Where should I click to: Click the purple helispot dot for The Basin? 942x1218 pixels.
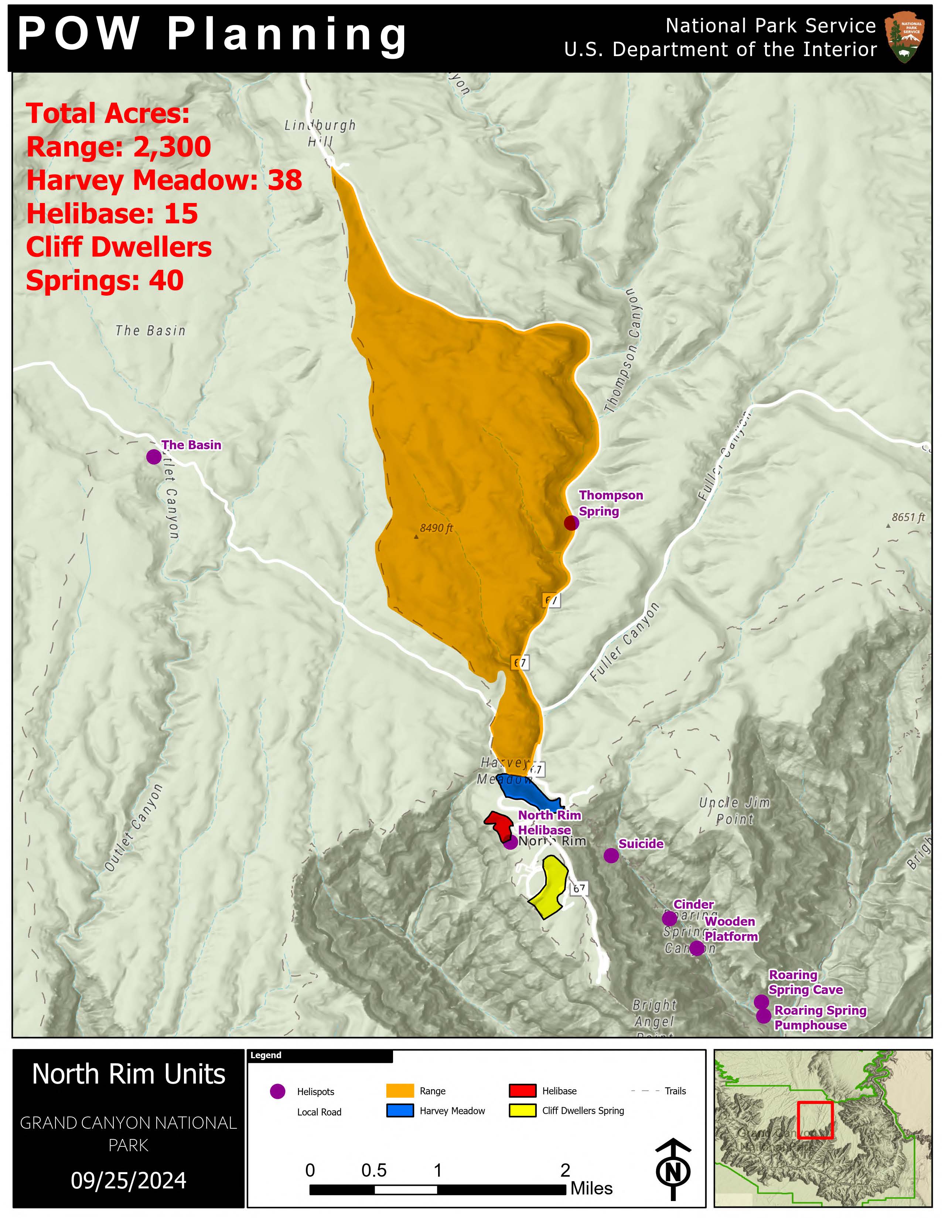(x=153, y=457)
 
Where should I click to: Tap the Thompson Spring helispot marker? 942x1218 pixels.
(x=571, y=523)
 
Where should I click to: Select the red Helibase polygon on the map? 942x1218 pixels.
(x=500, y=824)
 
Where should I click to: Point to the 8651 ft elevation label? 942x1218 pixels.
(x=908, y=517)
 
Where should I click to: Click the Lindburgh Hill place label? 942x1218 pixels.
(x=320, y=133)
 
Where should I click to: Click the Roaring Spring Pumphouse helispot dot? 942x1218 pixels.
(x=764, y=1016)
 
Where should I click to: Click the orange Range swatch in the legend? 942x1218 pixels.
(x=400, y=1091)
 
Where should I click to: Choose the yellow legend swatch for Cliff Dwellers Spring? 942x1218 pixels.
(x=522, y=1110)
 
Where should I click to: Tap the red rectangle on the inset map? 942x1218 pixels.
(x=815, y=1120)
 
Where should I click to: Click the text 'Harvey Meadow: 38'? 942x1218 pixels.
(x=164, y=180)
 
